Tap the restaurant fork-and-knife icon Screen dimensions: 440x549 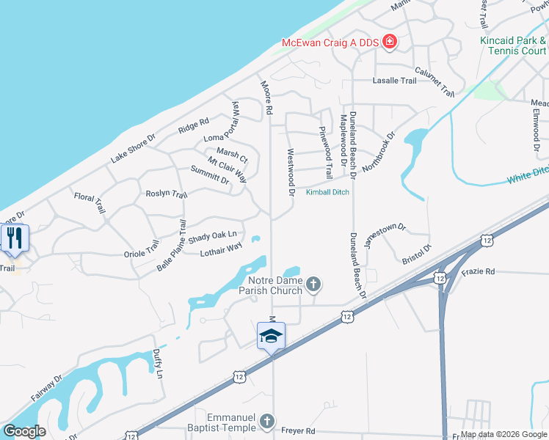tap(13, 238)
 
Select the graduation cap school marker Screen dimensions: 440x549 tap(271, 336)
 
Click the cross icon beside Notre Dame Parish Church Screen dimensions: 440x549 tap(313, 284)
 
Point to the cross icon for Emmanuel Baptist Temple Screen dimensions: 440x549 tap(268, 422)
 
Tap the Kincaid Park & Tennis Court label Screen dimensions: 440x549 tap(513, 45)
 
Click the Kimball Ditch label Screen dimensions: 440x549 tap(327, 192)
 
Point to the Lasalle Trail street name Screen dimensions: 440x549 tap(394, 81)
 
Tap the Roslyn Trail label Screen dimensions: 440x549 tap(167, 194)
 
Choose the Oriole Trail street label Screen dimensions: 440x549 tap(142, 248)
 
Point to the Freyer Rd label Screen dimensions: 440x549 tap(299, 430)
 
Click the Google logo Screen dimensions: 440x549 tap(24, 431)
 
